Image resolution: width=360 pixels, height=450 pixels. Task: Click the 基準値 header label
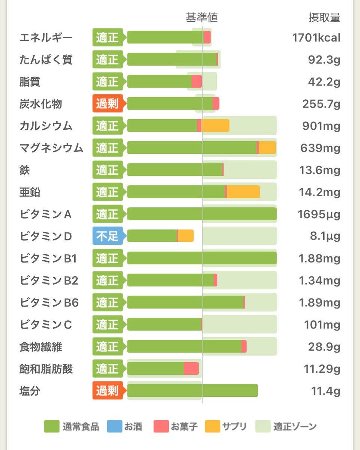202,18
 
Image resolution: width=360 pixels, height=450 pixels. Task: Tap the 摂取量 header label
324,18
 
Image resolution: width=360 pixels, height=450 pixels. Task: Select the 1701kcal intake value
316,37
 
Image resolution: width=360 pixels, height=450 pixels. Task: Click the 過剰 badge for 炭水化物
107,104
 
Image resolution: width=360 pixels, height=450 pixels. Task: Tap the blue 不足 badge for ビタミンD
107,236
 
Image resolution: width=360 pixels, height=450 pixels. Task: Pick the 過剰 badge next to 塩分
107,391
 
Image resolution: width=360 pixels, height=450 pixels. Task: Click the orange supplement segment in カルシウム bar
215,126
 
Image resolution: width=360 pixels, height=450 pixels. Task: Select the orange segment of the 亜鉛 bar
243,192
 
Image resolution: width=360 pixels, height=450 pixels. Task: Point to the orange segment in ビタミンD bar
186,236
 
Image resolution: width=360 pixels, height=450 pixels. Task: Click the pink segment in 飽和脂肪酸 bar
191,368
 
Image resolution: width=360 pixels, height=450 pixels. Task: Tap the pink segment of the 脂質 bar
196,81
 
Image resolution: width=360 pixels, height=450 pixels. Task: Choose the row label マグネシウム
51,148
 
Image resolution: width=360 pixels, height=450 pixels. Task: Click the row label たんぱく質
46,60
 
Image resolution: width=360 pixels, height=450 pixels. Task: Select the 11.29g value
322,369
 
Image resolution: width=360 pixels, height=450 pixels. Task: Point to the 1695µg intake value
319,214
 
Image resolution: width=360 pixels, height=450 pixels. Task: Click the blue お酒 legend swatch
115,426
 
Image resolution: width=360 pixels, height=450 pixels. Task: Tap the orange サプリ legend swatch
212,426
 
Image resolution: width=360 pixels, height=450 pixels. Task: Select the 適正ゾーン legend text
295,426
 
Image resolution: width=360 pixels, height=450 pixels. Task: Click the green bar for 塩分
192,390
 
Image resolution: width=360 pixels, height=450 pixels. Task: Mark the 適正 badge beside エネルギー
107,37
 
